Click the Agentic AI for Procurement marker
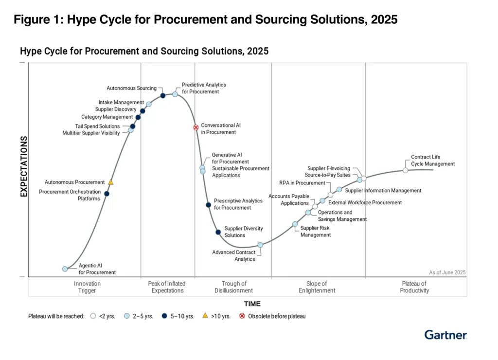[65, 269]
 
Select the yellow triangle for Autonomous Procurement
[110, 182]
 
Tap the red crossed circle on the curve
[196, 127]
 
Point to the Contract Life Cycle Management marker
[405, 170]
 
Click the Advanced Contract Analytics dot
[261, 245]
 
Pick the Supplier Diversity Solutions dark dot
[218, 232]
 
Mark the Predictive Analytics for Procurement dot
[175, 94]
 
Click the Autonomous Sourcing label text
[131, 88]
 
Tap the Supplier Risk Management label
[315, 231]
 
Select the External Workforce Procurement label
[365, 202]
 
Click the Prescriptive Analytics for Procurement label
[238, 204]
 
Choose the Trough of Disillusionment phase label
[234, 287]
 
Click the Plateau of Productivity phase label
[414, 287]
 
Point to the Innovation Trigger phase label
[87, 287]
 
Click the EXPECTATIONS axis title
[24, 166]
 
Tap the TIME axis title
[252, 304]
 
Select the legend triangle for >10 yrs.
[205, 316]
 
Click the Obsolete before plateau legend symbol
[242, 316]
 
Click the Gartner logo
[445, 335]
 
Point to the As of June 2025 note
[447, 272]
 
